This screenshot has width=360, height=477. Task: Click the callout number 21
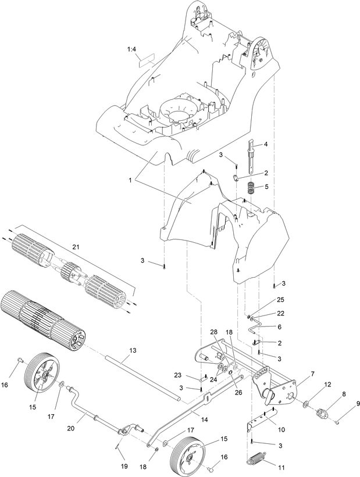coord(75,247)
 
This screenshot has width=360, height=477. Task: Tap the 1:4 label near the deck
coord(131,49)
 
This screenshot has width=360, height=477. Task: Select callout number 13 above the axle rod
coord(133,350)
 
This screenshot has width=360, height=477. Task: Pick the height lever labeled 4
coord(252,157)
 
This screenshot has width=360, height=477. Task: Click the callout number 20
coord(70,428)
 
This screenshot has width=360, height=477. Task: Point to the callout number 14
coord(204,419)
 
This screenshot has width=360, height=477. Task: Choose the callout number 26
coord(238,393)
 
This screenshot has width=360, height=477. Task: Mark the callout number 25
coord(280,300)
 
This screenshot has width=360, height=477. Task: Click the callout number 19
coord(124,466)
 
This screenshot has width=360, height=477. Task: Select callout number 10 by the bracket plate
coord(281,430)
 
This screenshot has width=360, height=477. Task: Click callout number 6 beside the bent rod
coord(280,327)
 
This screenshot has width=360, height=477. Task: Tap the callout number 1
coord(130,180)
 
